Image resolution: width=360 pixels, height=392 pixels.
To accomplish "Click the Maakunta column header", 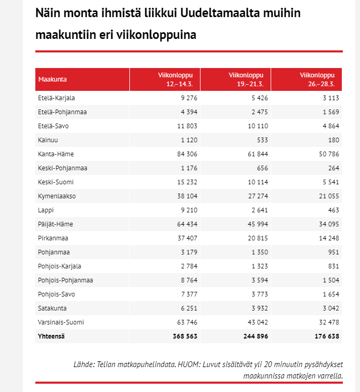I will point(52,79).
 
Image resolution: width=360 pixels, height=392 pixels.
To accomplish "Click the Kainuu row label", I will point(47,140).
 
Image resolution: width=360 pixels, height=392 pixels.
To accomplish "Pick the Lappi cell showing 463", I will point(333,210).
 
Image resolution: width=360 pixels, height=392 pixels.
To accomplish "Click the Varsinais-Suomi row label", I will point(61,322).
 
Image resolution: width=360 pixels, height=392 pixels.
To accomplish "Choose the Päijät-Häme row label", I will point(56,224).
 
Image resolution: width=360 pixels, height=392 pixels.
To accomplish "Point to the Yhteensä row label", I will point(51,336).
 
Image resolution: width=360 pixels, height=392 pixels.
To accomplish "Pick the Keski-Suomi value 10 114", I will point(257,182).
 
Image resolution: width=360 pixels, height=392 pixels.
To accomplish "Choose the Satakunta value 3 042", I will point(329,308).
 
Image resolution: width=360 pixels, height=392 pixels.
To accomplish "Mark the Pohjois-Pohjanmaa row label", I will point(65,280).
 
